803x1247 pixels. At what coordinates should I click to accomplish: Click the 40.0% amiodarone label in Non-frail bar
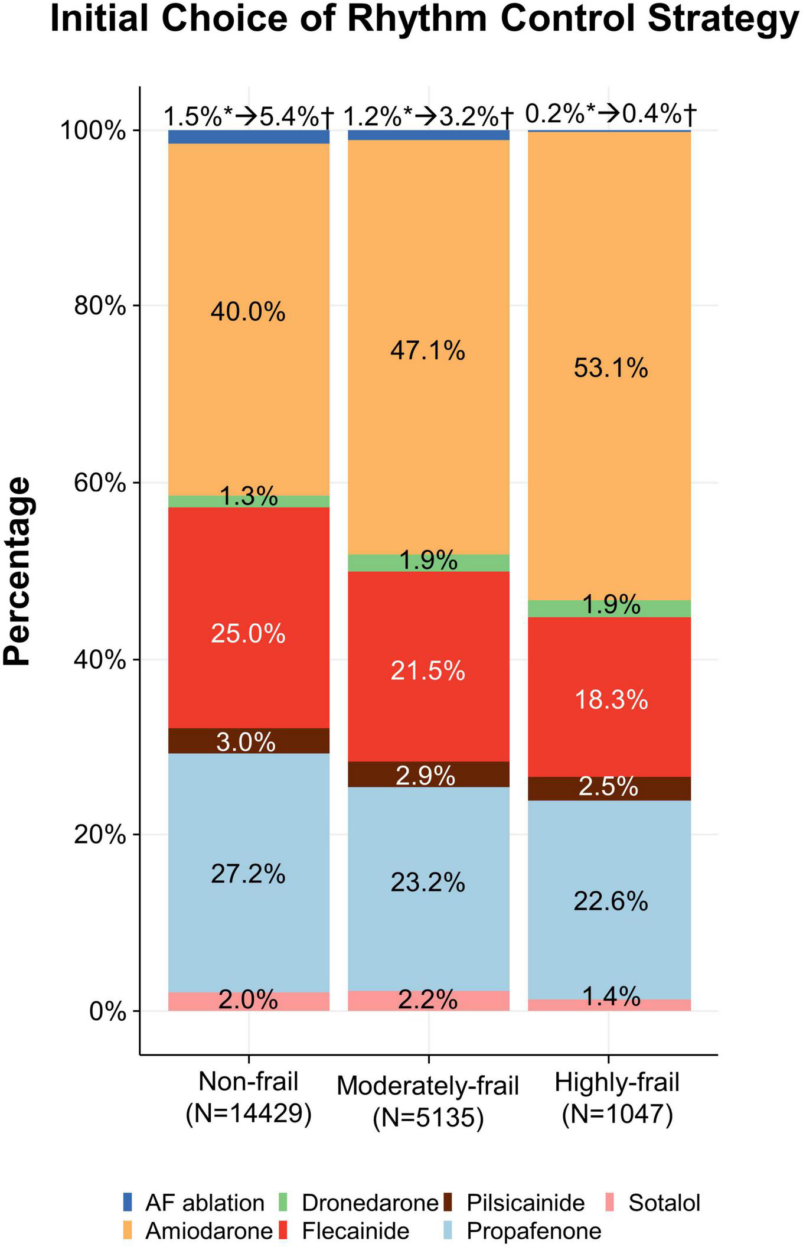(248, 311)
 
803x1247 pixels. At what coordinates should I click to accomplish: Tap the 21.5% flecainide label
(427, 671)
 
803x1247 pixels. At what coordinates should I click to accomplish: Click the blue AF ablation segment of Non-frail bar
(249, 136)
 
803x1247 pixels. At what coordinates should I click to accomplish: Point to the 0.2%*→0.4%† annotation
(611, 113)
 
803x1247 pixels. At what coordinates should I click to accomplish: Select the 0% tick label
(108, 1012)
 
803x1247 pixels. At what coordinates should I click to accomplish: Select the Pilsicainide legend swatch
(448, 1202)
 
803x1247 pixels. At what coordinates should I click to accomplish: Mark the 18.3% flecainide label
(611, 700)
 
